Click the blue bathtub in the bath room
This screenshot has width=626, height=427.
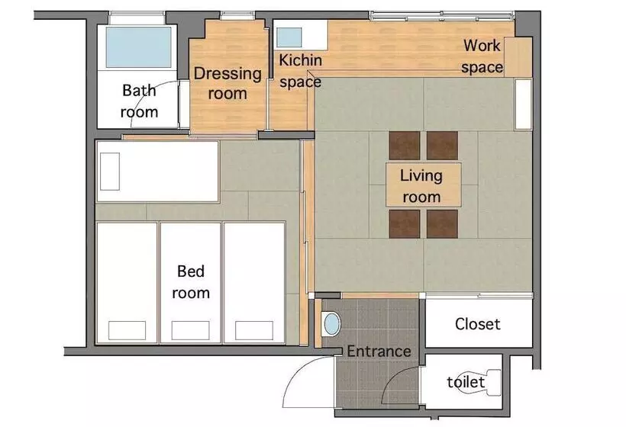(138, 47)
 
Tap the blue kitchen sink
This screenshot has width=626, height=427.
(289, 37)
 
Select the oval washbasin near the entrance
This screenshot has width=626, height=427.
(331, 323)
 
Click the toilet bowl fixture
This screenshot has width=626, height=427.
(480, 382)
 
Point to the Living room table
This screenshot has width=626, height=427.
(423, 185)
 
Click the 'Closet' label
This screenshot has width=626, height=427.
(477, 324)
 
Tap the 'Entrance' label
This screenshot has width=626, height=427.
(379, 352)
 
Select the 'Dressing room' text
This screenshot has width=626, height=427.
(227, 83)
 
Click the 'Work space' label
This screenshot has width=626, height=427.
(482, 56)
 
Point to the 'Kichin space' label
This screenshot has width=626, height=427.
(300, 71)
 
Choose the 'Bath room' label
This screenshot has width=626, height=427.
(140, 101)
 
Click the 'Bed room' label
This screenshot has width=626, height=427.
(191, 282)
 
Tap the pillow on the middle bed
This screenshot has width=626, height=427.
(190, 330)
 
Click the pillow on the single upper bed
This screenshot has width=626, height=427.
(110, 172)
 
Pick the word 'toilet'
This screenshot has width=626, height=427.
(466, 382)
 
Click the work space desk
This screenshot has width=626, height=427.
(518, 57)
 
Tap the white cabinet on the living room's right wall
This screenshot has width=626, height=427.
(524, 104)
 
